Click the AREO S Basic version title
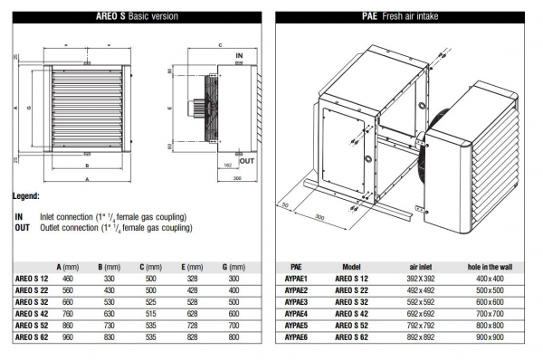point(137,16)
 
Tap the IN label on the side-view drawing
point(239,55)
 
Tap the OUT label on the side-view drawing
point(247,160)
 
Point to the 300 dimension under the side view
point(236,179)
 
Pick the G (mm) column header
point(233,268)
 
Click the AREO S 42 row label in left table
point(33,312)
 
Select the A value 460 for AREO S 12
point(66,280)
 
